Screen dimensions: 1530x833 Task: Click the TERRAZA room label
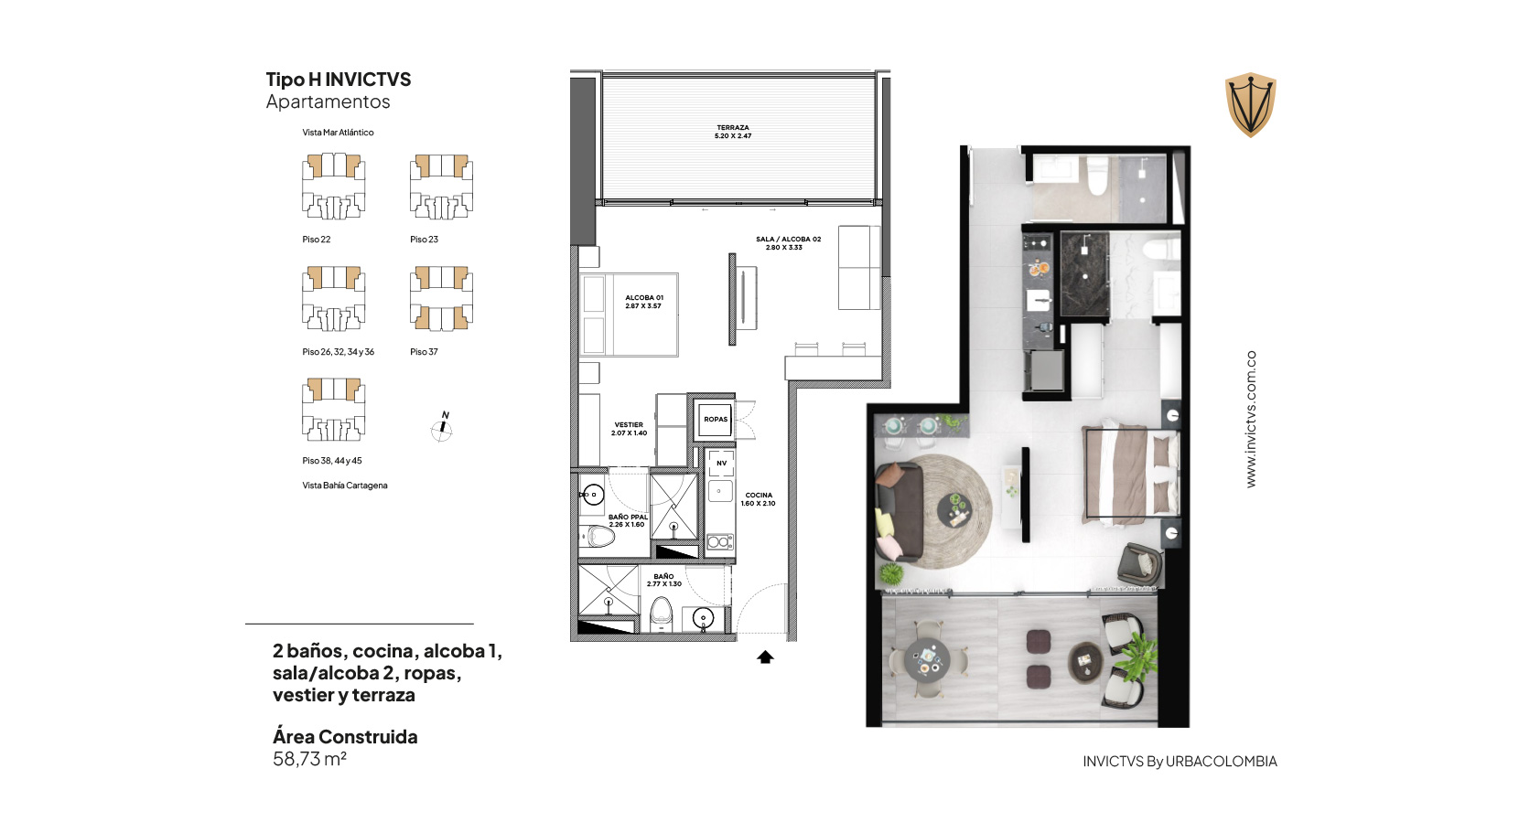[x=733, y=132]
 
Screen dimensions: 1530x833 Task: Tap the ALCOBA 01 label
[x=643, y=302]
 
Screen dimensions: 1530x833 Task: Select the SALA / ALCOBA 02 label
[x=788, y=243]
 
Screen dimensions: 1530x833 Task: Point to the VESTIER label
[x=629, y=429]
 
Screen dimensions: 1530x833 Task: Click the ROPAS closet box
[x=716, y=419]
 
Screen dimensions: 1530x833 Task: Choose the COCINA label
[x=759, y=499]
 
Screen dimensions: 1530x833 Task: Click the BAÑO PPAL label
[x=628, y=520]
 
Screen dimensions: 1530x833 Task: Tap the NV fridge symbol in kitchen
[x=720, y=463]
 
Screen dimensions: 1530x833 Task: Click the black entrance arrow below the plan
[x=765, y=657]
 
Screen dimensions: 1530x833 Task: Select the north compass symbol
[x=442, y=427]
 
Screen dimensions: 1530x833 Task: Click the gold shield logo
[x=1250, y=104]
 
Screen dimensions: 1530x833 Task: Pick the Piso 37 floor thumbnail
[x=441, y=299]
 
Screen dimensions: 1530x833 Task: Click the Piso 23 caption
[x=425, y=240]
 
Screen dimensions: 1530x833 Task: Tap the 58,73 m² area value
[x=309, y=759]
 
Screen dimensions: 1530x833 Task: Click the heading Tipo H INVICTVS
[x=338, y=80]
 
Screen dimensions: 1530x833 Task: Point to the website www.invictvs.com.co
[x=1251, y=419]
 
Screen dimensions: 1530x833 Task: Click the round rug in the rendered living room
[x=950, y=512]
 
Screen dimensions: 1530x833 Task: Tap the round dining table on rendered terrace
[x=927, y=660]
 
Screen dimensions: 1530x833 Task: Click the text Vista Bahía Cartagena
[x=345, y=486]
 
